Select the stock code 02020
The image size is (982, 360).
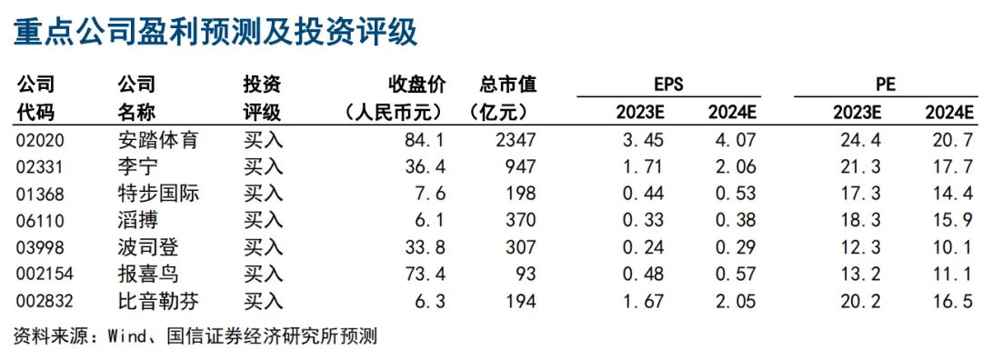pos(40,140)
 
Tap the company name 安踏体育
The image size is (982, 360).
pos(158,140)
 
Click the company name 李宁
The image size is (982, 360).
pos(138,166)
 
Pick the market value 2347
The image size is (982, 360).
pos(513,140)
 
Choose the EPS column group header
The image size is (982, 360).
pos(667,85)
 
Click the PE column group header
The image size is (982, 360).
pos(886,85)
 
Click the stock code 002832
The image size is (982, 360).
pos(45,302)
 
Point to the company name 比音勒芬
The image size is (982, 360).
pos(158,302)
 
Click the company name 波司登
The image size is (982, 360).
pos(148,247)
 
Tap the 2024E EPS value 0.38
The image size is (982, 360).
pos(733,221)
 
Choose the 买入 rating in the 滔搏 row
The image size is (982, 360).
pos(263,220)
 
